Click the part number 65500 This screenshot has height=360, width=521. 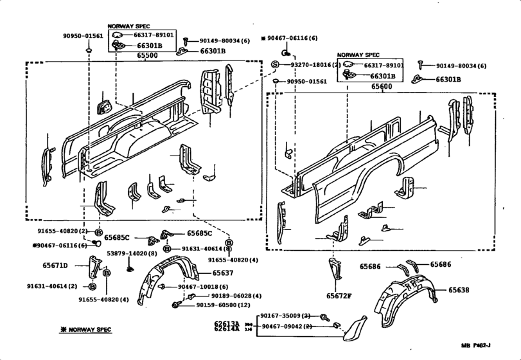147,56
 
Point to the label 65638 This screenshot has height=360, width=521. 458,290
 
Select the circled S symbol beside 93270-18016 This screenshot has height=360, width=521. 274,65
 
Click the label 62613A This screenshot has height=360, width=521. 227,323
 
